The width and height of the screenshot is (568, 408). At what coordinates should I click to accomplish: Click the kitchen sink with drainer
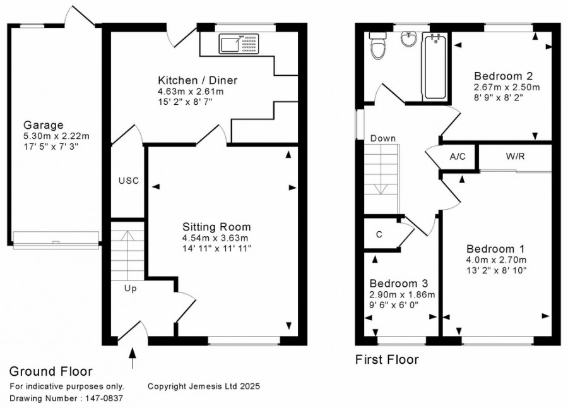pyautogui.click(x=239, y=44)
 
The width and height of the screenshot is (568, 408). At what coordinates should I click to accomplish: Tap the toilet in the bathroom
pyautogui.click(x=377, y=45)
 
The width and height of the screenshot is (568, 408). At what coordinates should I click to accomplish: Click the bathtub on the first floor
pyautogui.click(x=435, y=66)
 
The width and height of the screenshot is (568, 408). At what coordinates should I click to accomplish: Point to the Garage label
pyautogui.click(x=44, y=125)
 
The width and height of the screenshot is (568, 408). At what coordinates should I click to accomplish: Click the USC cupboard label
pyautogui.click(x=129, y=181)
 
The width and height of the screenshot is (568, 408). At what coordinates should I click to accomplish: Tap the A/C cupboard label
pyautogui.click(x=458, y=157)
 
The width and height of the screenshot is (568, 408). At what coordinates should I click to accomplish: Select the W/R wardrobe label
pyautogui.click(x=515, y=156)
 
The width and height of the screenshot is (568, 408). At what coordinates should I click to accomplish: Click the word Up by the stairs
pyautogui.click(x=131, y=289)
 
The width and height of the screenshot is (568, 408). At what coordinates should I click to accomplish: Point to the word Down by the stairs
pyautogui.click(x=383, y=138)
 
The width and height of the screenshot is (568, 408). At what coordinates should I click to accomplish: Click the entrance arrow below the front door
pyautogui.click(x=133, y=358)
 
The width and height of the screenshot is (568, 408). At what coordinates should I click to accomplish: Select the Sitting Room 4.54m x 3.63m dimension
pyautogui.click(x=215, y=238)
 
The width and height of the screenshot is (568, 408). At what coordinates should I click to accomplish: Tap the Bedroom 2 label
pyautogui.click(x=504, y=76)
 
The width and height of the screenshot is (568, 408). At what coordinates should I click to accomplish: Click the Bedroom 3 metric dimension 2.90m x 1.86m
pyautogui.click(x=402, y=294)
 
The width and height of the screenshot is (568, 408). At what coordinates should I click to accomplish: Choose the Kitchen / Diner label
pyautogui.click(x=198, y=80)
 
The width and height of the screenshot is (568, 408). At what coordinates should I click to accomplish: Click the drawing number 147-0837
pyautogui.click(x=104, y=398)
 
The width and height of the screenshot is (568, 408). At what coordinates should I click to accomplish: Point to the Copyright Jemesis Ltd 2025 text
pyautogui.click(x=204, y=387)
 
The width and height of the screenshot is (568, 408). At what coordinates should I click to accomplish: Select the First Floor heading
pyautogui.click(x=387, y=360)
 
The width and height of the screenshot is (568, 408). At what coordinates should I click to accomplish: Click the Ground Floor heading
pyautogui.click(x=50, y=371)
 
